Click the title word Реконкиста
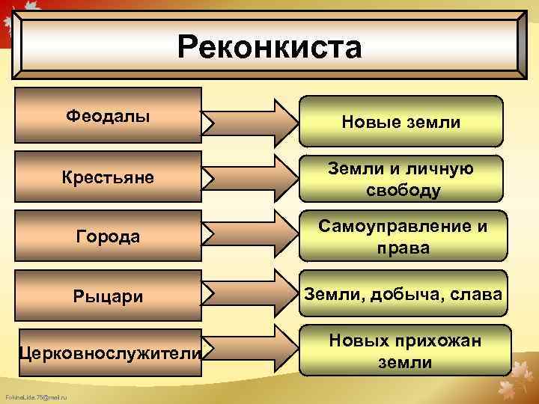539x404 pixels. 269,47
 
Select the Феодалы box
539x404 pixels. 108,116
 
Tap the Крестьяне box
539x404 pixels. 108,177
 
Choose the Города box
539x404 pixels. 108,236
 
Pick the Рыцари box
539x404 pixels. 108,296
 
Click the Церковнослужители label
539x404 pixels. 109,352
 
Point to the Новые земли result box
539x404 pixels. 401,121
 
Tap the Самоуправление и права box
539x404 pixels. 401,237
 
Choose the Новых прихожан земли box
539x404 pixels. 401,352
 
